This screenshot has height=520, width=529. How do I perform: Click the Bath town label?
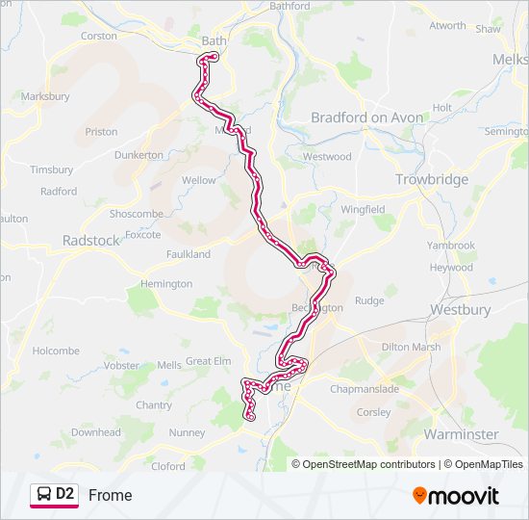coord(214,41)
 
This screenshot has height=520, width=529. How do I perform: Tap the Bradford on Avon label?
coord(366,117)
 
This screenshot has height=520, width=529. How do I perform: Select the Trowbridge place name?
coord(432,179)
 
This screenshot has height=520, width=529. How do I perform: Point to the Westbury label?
coord(460,310)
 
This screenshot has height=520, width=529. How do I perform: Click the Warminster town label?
coord(461,434)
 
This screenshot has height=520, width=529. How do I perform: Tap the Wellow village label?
coord(199,180)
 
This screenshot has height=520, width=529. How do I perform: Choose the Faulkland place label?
coord(188,254)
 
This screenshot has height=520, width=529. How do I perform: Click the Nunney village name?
coord(187,433)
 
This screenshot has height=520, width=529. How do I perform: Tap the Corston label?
coord(99,36)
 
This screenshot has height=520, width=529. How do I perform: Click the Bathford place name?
coord(290,6)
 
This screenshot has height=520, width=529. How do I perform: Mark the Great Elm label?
coord(208,361)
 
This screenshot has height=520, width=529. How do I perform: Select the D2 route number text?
coord(65,494)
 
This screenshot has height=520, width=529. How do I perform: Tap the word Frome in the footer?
coord(110,495)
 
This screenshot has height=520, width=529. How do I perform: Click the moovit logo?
coord(456,495)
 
